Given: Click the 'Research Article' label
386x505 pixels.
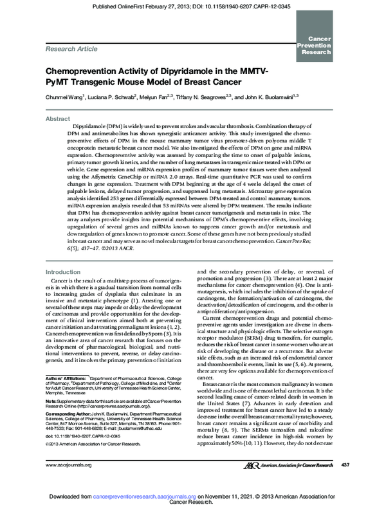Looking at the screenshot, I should (71, 48).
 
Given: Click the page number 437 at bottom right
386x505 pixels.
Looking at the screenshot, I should (345, 464).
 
